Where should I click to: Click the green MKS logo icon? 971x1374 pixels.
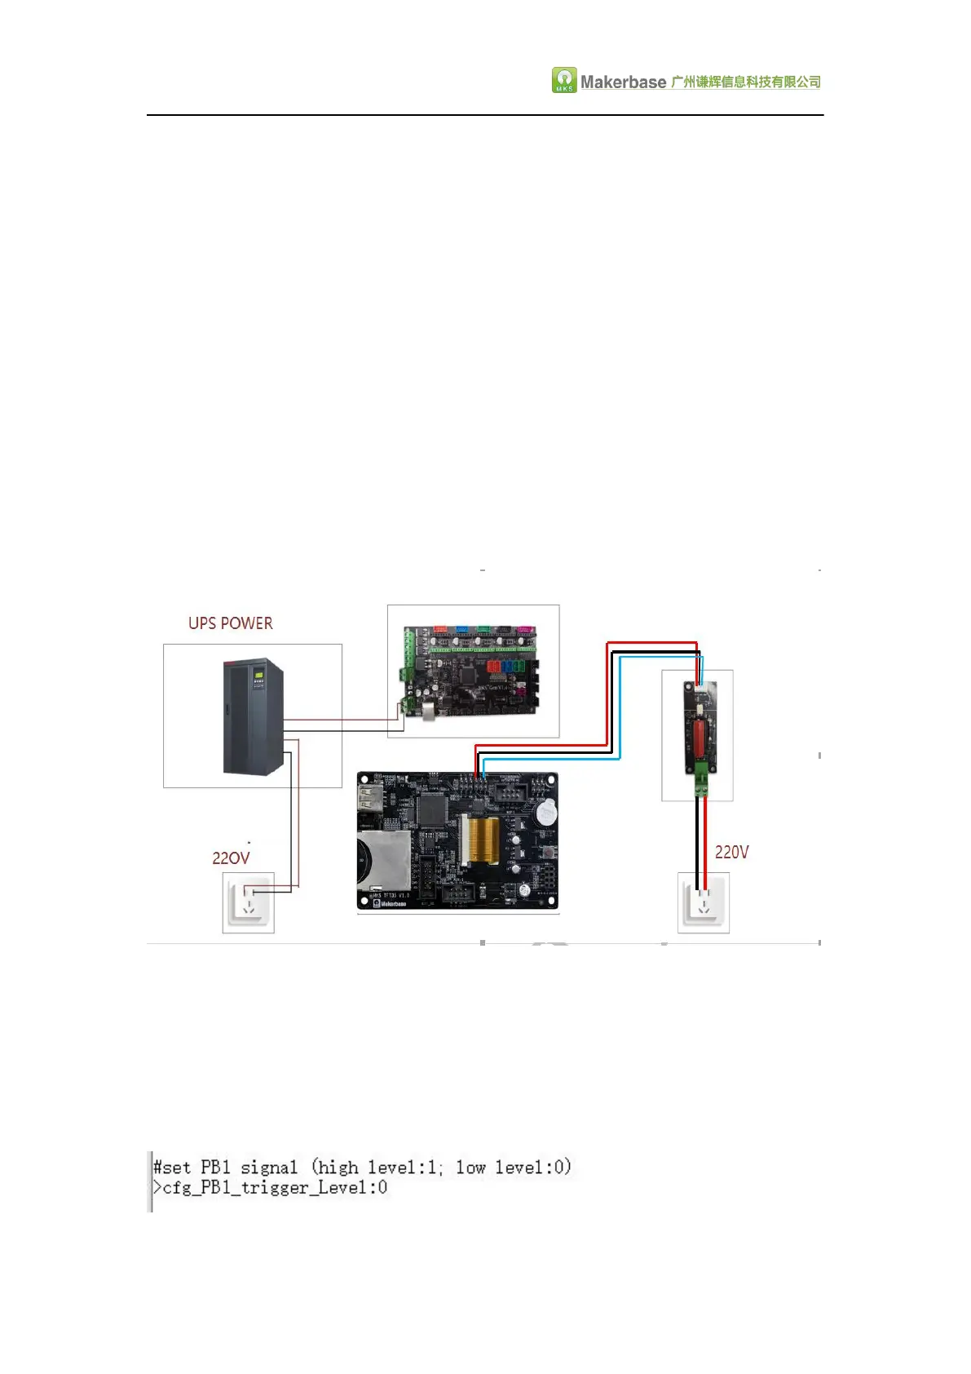[564, 80]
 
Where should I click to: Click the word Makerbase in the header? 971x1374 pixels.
[623, 82]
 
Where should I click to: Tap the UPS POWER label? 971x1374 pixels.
[231, 623]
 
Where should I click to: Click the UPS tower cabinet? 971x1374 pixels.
[253, 716]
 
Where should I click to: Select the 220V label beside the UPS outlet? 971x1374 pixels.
[231, 858]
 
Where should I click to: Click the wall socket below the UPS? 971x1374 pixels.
[249, 902]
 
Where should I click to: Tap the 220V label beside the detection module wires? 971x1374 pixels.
[731, 852]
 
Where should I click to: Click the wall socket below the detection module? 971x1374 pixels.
[703, 902]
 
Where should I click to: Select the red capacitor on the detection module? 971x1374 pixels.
[699, 734]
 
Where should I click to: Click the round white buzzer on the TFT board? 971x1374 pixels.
[547, 812]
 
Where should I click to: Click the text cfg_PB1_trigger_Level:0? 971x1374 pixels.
[275, 1187]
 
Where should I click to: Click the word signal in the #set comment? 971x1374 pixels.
[269, 1167]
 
